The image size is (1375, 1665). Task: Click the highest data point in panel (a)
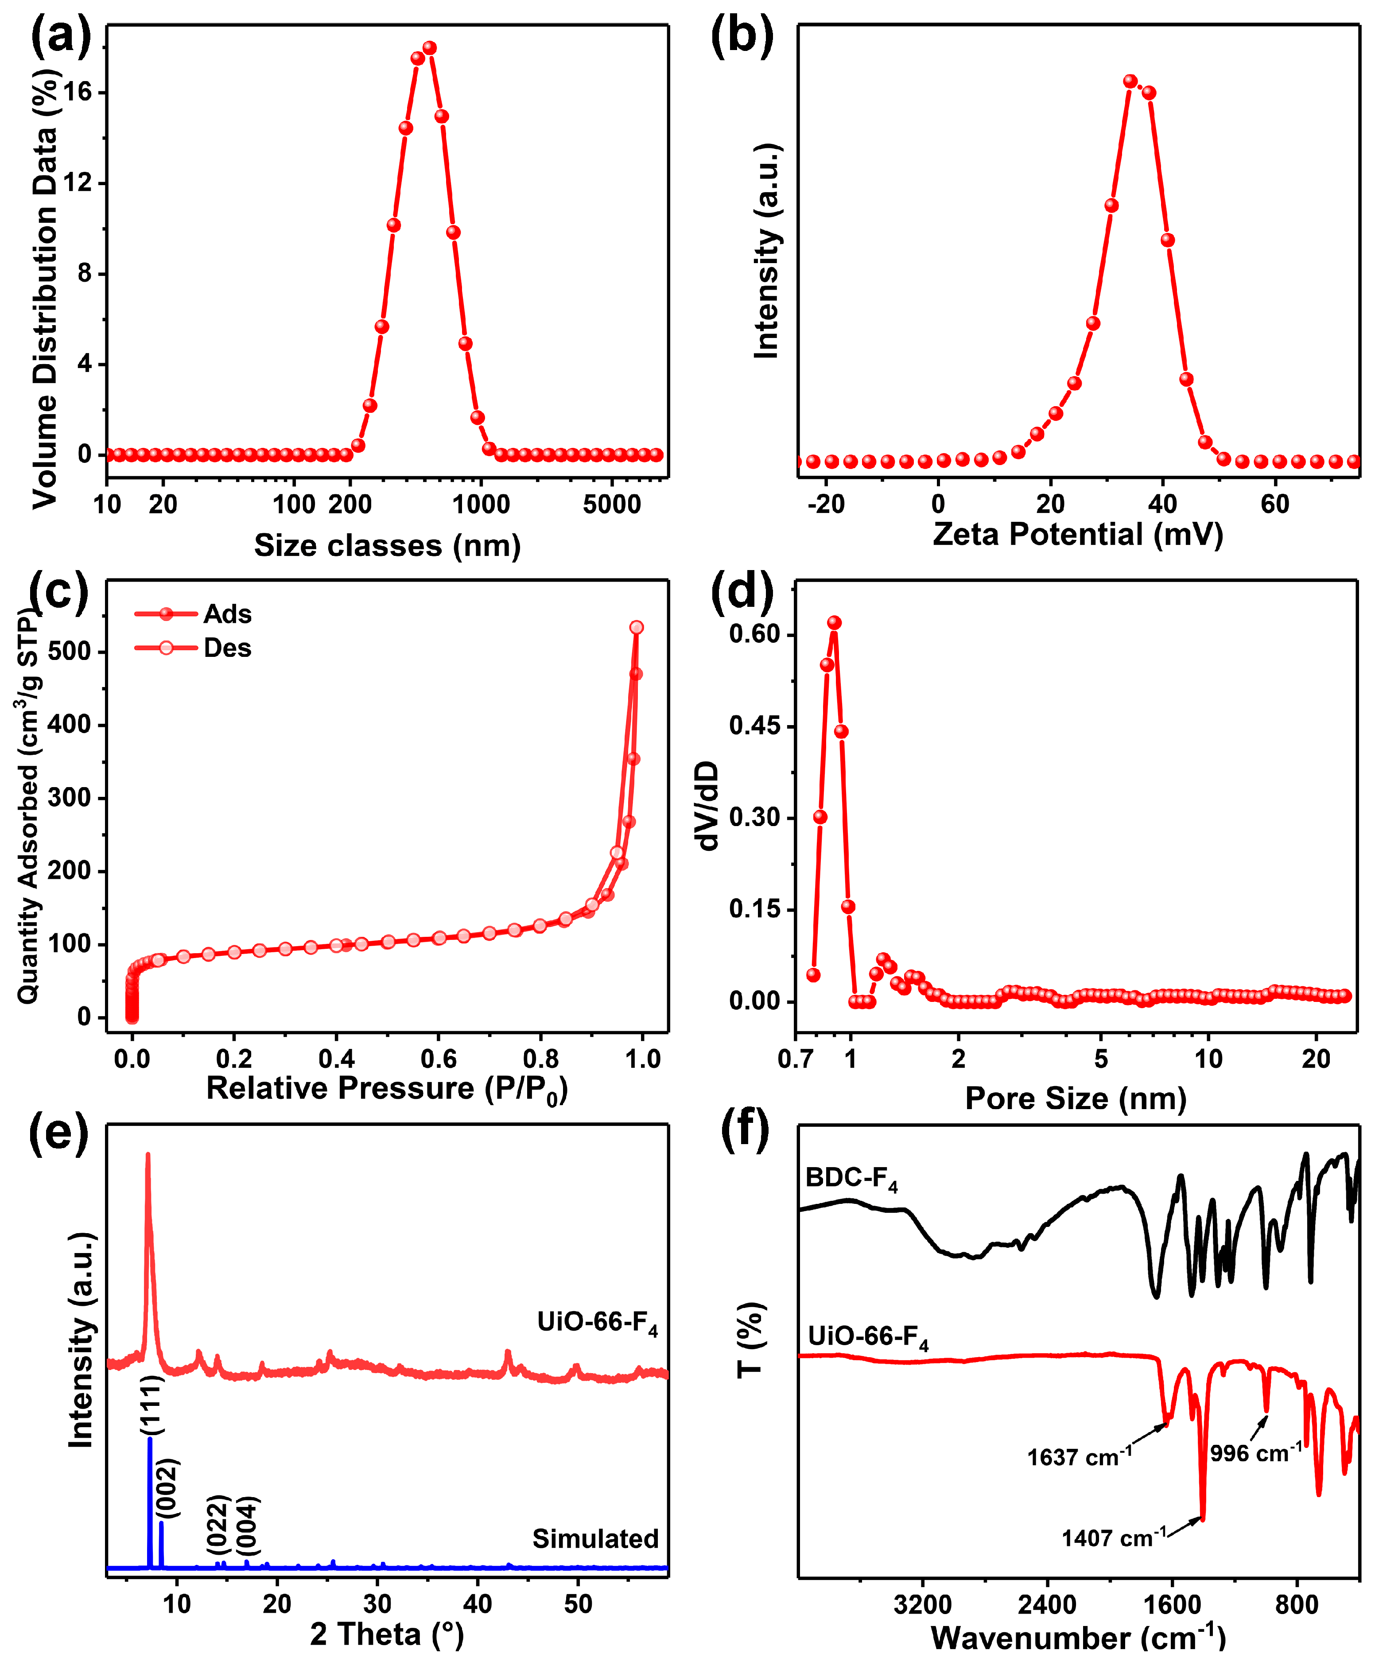point(429,48)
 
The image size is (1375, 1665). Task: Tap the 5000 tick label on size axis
point(611,505)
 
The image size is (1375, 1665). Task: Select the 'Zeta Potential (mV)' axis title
point(1077,535)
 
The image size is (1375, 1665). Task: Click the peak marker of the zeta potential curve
point(1130,82)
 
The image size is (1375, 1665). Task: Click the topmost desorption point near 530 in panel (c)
point(636,627)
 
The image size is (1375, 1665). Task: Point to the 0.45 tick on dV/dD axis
point(754,726)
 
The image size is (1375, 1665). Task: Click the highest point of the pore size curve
point(834,623)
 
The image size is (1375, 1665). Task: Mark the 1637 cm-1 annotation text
point(1079,1457)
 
